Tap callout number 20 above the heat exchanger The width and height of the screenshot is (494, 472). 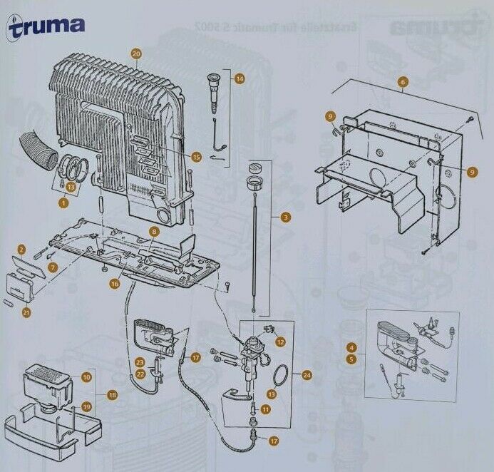[137, 53]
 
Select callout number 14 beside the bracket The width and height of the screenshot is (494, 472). [239, 78]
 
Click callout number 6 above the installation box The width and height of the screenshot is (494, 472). [403, 81]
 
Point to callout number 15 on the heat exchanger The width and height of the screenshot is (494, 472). [197, 157]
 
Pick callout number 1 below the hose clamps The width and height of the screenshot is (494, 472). [63, 203]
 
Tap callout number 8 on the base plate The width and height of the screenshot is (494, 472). [153, 232]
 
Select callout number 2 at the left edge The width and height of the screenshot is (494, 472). [21, 249]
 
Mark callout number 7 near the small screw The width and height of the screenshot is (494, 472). [52, 267]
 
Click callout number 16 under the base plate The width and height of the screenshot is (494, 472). [114, 284]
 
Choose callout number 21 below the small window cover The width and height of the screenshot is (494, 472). [26, 312]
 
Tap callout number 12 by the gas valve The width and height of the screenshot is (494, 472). [280, 342]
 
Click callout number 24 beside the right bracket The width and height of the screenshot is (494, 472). [307, 374]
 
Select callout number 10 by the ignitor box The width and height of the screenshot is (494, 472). [86, 376]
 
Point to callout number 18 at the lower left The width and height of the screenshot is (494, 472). [112, 394]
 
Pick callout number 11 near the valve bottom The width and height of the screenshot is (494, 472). [264, 409]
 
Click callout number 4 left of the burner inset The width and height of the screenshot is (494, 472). [351, 347]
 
